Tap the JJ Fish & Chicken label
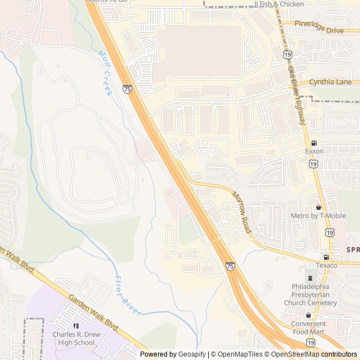279,4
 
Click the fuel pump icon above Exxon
314,143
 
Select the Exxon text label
314,151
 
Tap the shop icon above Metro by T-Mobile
318,207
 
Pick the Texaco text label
326,265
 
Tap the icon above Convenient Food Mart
308,315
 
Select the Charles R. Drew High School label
74,338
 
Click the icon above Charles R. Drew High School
75,326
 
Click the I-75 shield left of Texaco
230,265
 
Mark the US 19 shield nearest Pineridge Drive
287,55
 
